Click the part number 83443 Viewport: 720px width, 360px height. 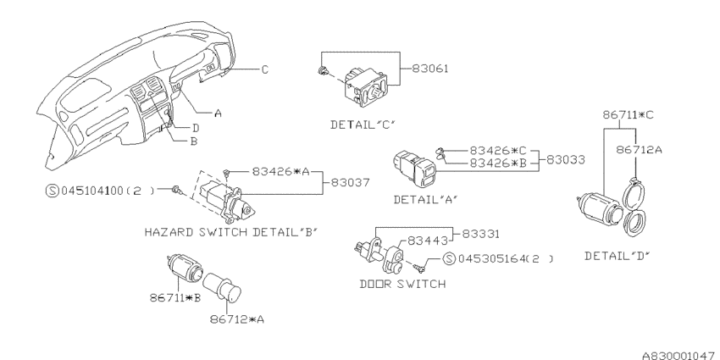click(428, 241)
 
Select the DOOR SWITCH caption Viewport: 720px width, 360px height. click(401, 284)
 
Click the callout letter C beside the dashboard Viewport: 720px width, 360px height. click(264, 69)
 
